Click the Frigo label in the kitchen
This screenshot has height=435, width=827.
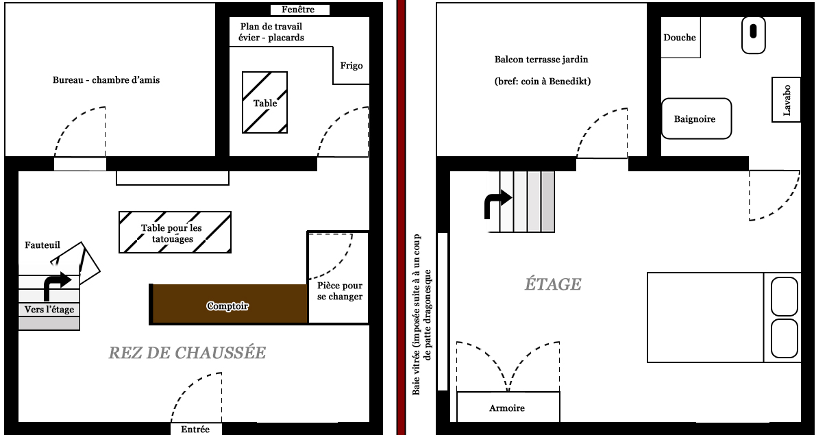pyautogui.click(x=351, y=66)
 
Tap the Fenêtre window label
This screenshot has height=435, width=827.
pyautogui.click(x=300, y=10)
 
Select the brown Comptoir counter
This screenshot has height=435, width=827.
pyautogui.click(x=228, y=303)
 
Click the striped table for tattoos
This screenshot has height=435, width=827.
pyautogui.click(x=175, y=232)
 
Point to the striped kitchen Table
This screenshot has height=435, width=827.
pyautogui.click(x=265, y=103)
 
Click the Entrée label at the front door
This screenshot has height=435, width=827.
pyautogui.click(x=196, y=430)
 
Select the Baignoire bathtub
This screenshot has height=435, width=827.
pyautogui.click(x=695, y=119)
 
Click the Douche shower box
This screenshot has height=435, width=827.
pyautogui.click(x=680, y=38)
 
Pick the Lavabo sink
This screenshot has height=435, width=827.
pyautogui.click(x=787, y=99)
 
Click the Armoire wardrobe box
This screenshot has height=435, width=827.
pyautogui.click(x=508, y=408)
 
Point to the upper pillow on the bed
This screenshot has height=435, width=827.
pyautogui.click(x=785, y=295)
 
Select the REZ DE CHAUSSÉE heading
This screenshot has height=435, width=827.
pyautogui.click(x=186, y=353)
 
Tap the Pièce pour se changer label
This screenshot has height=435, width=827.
pyautogui.click(x=340, y=291)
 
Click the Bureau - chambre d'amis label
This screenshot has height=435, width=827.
pyautogui.click(x=106, y=80)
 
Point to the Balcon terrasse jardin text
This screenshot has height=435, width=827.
pyautogui.click(x=541, y=60)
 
